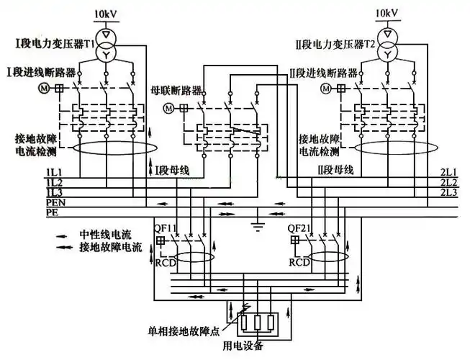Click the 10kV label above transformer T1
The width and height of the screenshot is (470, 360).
106,14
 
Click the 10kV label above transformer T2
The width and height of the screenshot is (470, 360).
387,14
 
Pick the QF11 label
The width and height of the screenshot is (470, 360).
167,228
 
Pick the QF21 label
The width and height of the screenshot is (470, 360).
299,228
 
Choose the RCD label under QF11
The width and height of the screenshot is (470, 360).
166,261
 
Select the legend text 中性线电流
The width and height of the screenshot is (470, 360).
101,235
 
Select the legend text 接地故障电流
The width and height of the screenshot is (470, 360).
106,247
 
